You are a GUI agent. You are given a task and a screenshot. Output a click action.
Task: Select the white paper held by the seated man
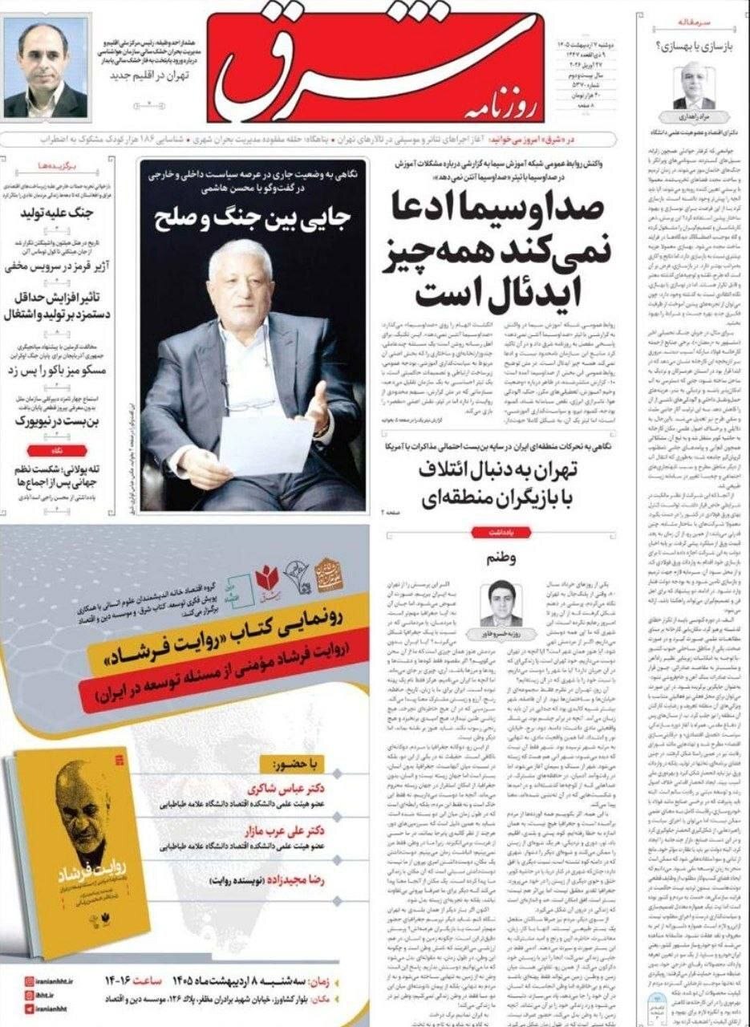(x=266, y=444)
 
